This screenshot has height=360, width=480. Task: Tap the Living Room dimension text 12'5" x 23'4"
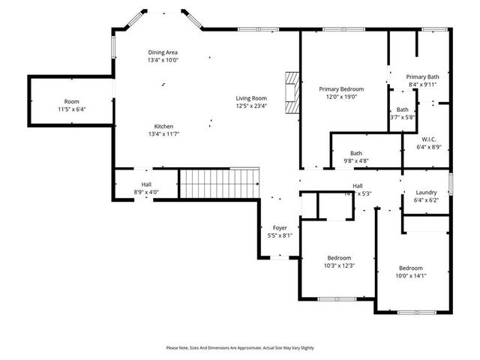[252, 106]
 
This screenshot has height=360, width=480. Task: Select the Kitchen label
[164, 125]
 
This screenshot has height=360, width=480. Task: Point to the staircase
[219, 183]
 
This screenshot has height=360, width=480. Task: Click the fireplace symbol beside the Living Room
[291, 92]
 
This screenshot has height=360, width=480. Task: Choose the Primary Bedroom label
[341, 88]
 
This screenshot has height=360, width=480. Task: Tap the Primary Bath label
[423, 76]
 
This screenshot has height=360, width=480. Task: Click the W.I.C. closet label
[429, 139]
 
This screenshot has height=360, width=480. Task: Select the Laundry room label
[426, 192]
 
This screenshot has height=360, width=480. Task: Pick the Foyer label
[280, 227]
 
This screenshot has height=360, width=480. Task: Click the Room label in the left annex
[71, 101]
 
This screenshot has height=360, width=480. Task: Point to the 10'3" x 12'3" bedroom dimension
[339, 265]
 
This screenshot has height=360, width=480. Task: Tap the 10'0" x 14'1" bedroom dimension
[411, 276]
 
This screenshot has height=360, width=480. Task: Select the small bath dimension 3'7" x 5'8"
[403, 117]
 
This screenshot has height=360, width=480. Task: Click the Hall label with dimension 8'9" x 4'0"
[146, 193]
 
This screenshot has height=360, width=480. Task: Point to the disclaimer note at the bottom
[240, 348]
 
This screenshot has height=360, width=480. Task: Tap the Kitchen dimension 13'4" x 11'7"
[164, 133]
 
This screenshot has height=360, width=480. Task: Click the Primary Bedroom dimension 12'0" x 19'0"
[341, 97]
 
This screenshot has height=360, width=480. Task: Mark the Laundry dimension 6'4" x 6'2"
[426, 200]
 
